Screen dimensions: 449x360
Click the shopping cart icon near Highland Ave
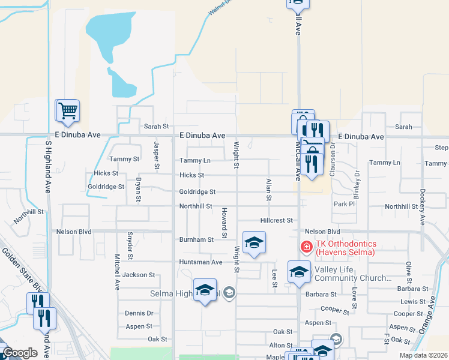[67, 110]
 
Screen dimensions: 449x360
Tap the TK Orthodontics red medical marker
[306, 247]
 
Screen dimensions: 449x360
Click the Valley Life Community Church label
[349, 274]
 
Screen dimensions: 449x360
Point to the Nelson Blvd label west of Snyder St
[73, 231]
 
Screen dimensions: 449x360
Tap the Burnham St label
[196, 239]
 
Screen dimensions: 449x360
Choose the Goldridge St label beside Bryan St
[106, 187]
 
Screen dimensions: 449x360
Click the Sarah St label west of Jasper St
[157, 127]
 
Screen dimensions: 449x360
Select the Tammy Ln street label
[194, 161]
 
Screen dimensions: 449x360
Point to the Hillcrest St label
[276, 220]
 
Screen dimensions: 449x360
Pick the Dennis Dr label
[139, 313]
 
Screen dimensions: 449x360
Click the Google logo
[20, 353]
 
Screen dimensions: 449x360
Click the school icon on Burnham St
[254, 243]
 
